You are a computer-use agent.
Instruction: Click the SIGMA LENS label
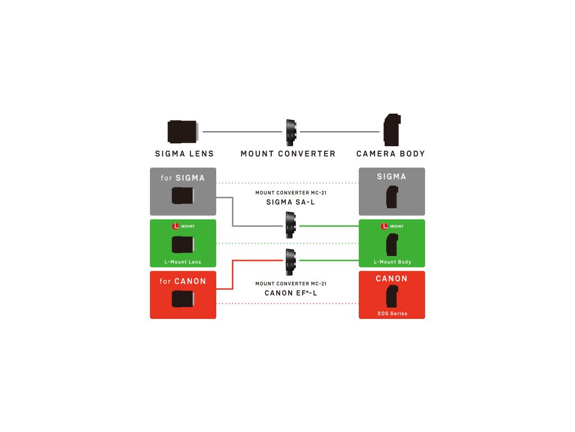pos(184,154)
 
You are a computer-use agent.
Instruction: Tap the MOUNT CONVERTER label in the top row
pos(287,154)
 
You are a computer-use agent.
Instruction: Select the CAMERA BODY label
pos(391,154)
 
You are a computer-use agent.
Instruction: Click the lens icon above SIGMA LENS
pos(182,131)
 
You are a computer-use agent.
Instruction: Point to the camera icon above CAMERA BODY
pos(391,129)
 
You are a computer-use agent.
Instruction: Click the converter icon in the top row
pos(291,132)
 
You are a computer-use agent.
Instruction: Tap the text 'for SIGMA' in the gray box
pos(182,178)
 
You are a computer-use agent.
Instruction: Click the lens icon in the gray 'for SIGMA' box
pos(183,196)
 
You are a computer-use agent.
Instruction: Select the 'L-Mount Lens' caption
pos(182,262)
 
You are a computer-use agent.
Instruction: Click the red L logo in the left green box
pos(175,226)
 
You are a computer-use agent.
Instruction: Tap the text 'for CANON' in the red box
pos(182,281)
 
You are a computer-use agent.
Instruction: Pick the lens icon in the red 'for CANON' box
pos(183,299)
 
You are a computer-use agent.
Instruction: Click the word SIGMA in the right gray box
pos(391,177)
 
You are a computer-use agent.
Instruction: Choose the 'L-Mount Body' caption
pos(392,262)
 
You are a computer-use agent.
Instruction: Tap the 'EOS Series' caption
pos(392,313)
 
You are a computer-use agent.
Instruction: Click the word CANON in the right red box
pos(391,279)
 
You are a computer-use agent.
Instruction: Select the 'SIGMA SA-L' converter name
pos(290,202)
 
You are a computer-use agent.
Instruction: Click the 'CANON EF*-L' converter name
pos(290,292)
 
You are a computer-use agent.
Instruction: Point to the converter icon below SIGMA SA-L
pos(290,224)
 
